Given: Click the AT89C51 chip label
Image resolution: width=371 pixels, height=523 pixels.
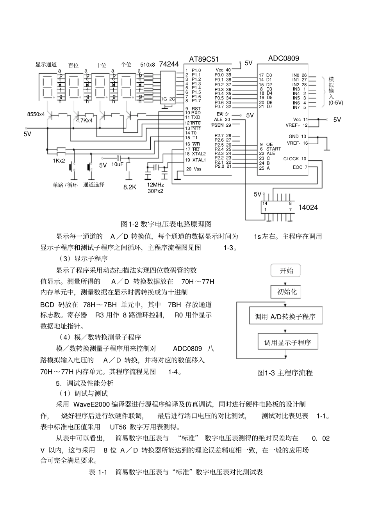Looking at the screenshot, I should (204, 59).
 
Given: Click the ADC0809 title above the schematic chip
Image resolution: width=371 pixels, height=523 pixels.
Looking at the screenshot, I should (284, 59).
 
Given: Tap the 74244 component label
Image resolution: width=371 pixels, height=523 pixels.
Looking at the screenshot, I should (169, 64).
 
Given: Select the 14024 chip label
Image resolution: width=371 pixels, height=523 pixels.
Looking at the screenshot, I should (308, 207).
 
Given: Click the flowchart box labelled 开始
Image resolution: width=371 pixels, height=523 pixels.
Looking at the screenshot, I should (286, 271).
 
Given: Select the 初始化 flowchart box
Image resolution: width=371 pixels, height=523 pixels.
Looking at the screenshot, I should (287, 291).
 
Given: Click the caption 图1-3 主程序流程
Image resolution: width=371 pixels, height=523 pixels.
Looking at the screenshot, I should (285, 373).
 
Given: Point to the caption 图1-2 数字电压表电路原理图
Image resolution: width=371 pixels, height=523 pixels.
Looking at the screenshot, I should (167, 224).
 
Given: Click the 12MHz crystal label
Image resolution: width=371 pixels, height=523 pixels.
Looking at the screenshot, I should (155, 185).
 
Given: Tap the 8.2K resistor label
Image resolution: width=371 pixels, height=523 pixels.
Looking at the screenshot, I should (130, 187).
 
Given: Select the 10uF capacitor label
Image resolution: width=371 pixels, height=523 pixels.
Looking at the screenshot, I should (118, 165).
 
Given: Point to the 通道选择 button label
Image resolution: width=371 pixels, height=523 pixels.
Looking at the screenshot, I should (94, 185).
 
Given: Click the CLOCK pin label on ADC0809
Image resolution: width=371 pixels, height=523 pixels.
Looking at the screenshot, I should (291, 159).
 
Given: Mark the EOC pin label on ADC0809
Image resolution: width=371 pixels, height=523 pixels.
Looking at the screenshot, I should (297, 167).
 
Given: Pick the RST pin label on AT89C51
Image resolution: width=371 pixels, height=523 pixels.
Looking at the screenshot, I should (196, 109).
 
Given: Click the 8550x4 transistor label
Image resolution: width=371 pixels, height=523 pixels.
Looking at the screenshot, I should (36, 114).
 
